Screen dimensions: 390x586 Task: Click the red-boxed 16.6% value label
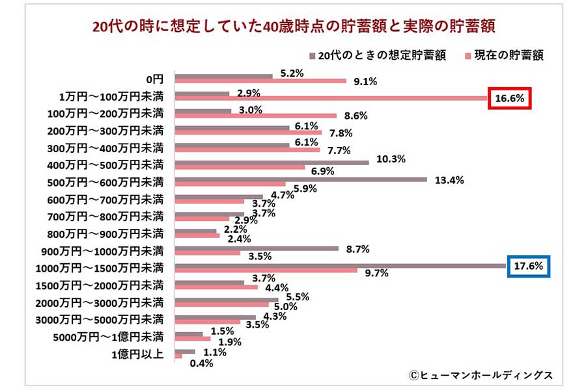coord(510,99)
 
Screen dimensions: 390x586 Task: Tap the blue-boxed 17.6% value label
coord(529,266)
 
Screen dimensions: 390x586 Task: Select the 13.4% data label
coord(449,180)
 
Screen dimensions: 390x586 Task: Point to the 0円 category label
coord(154,78)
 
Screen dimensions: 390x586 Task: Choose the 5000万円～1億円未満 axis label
coord(111,337)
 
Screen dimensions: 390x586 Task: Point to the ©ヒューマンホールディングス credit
coord(481,375)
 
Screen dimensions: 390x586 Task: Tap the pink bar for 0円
coord(260,81)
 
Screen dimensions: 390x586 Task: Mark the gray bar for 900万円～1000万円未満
coord(257,248)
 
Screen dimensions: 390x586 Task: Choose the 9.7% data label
coord(376,274)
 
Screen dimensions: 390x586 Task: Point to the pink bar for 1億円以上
coord(178,356)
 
